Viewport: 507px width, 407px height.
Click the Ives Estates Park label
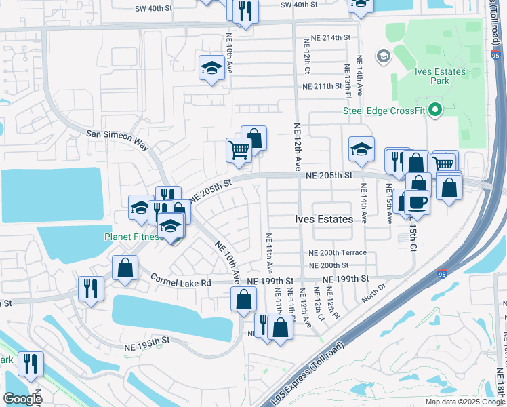(x=441, y=76)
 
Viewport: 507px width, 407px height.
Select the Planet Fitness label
(x=133, y=237)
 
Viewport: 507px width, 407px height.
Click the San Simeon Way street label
(x=117, y=134)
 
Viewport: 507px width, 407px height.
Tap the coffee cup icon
(x=417, y=203)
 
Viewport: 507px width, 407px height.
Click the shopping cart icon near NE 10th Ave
(x=238, y=150)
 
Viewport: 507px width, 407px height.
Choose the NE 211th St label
(x=322, y=86)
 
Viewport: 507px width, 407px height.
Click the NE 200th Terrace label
(x=338, y=252)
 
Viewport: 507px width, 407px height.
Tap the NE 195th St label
(x=146, y=345)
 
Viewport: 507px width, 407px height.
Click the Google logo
(x=22, y=398)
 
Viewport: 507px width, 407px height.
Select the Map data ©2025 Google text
(x=464, y=402)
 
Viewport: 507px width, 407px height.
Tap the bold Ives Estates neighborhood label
(x=324, y=219)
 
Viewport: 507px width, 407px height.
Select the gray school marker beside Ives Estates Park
(x=382, y=55)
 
